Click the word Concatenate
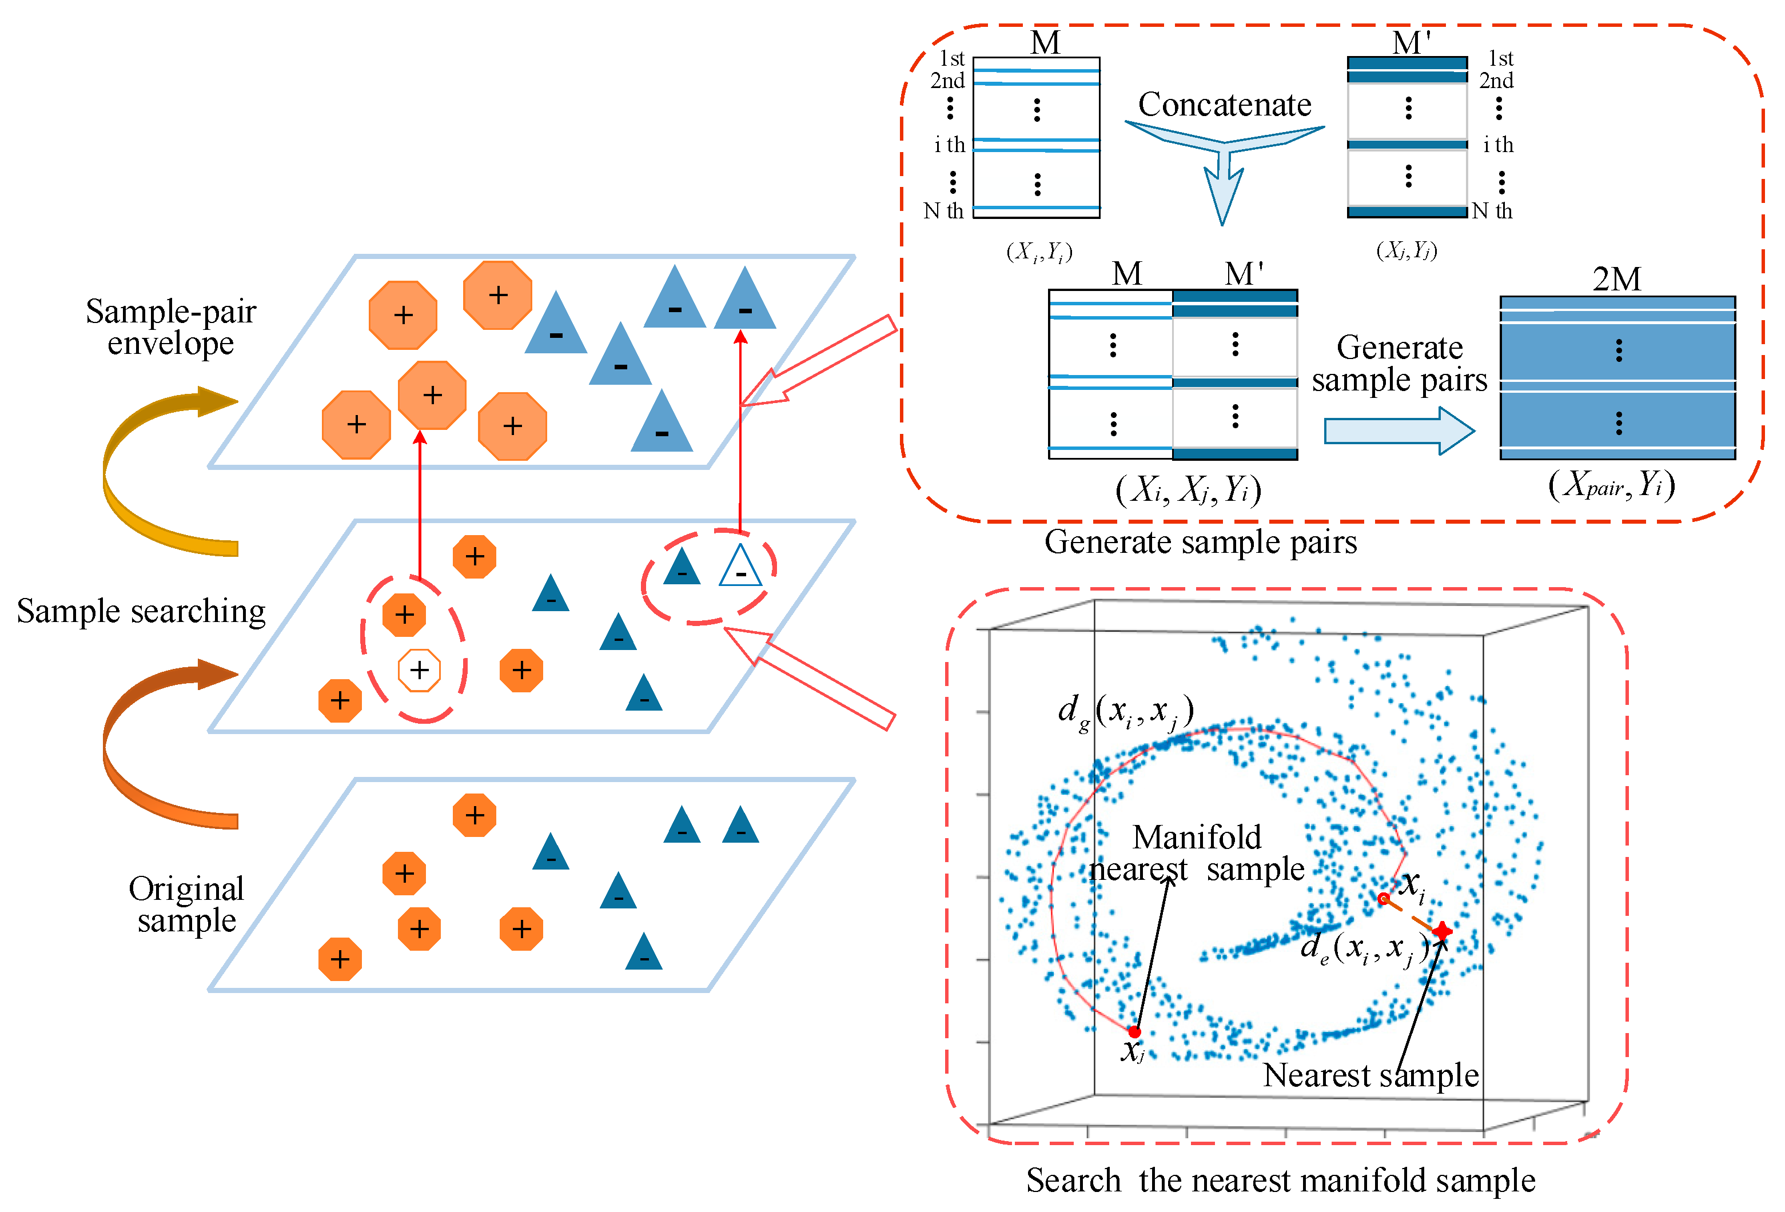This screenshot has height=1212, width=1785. click(x=1224, y=105)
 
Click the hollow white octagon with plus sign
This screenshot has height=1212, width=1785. click(x=419, y=670)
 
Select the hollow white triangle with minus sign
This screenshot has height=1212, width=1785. click(x=740, y=567)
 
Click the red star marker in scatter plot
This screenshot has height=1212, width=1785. click(x=1443, y=931)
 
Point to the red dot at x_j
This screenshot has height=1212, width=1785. click(x=1134, y=1031)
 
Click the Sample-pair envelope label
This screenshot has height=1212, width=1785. click(x=170, y=327)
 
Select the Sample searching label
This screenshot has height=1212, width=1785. click(x=141, y=611)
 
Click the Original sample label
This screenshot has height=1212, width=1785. click(x=186, y=904)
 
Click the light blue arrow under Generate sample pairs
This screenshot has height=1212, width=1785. click(x=1398, y=431)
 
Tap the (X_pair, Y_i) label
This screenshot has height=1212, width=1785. click(x=1611, y=485)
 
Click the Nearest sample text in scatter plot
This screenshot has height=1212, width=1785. click(x=1370, y=1075)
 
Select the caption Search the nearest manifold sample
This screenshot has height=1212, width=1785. click(x=1280, y=1181)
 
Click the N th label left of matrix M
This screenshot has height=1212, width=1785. click(x=943, y=210)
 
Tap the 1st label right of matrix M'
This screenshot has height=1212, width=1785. click(x=1500, y=58)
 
